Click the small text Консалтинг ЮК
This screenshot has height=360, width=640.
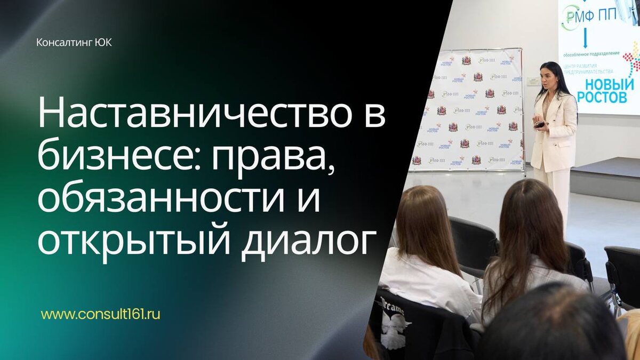tap(74, 42)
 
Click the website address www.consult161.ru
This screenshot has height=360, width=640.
tap(100, 314)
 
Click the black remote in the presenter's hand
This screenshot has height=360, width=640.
tap(540, 124)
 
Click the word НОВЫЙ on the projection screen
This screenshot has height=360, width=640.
tap(609, 84)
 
